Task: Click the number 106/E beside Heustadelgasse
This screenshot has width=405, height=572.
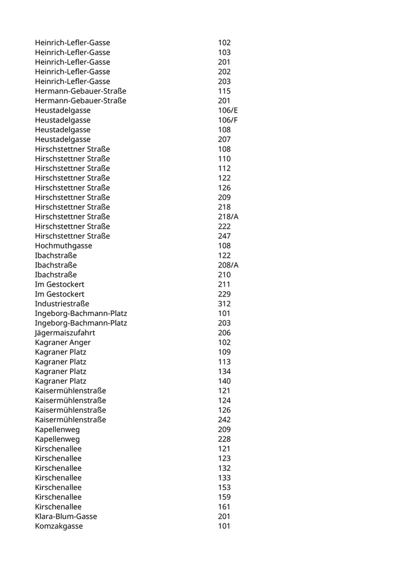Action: coord(228,110)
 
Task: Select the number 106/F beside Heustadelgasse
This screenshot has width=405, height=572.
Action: coord(228,120)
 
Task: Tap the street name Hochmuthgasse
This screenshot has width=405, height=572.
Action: coord(64,246)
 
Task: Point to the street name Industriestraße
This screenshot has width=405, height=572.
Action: coord(62,303)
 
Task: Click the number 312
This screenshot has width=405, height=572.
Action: coord(224,303)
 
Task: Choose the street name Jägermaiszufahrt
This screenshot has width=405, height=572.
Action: coord(65,333)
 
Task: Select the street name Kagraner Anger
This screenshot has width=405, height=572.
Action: coord(62,342)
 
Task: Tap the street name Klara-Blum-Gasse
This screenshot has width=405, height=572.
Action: coord(66,516)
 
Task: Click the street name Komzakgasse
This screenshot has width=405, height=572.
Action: coord(58,526)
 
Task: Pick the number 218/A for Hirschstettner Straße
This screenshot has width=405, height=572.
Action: coord(228,217)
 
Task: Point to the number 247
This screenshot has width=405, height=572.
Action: coord(224,236)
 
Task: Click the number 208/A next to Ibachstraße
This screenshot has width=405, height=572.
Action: coord(228,265)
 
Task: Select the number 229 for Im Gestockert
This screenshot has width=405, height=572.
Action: coord(224,294)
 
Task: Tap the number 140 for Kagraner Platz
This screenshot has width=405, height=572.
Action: coord(224,381)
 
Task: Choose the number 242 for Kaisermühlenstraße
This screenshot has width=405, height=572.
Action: coord(224,419)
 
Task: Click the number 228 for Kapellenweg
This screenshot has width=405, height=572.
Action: coord(224,439)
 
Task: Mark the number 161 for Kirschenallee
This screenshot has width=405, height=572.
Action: coord(224,507)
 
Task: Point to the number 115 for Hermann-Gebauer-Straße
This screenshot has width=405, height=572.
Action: coord(224,91)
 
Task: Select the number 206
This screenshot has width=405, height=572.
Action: coord(224,333)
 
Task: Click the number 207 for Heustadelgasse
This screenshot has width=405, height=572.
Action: coord(224,139)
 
